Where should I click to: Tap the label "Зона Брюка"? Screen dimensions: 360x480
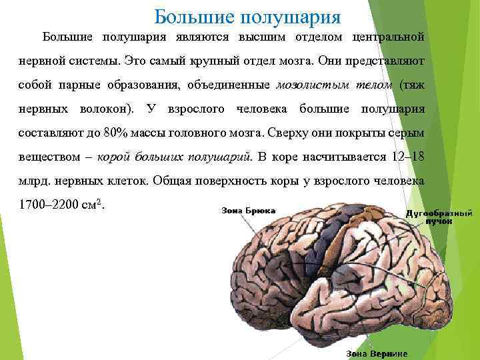point(248,210)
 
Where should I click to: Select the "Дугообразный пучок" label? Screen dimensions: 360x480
point(439,217)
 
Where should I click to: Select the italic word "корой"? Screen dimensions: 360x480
point(113,157)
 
